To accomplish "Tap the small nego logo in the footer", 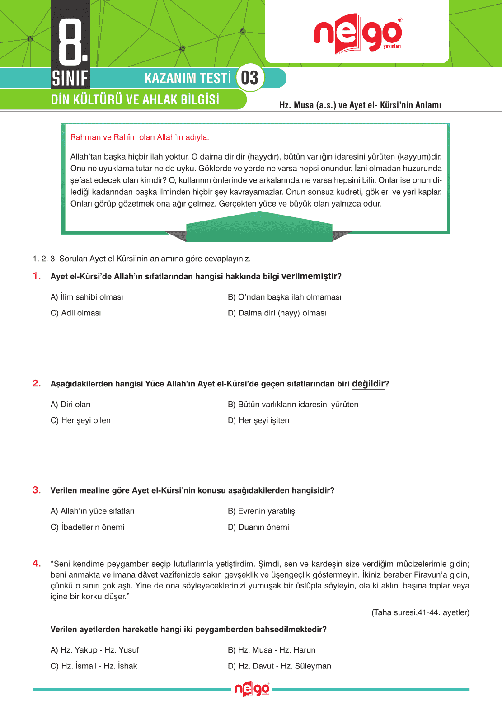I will (252, 689).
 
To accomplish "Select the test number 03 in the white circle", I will (249, 78).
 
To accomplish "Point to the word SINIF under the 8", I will (70, 78).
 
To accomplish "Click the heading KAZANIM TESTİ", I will (188, 78).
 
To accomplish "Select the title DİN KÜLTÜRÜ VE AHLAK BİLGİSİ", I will (135, 99).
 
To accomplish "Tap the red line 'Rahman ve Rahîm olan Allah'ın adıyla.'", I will (140, 137).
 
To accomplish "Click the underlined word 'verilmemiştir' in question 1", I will (309, 276).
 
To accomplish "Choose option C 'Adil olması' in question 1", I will (76, 313).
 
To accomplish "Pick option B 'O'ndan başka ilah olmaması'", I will (284, 297).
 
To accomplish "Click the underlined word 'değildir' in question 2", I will (368, 384).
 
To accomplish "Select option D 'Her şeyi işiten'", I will (258, 420).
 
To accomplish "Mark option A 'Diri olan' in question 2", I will (70, 405).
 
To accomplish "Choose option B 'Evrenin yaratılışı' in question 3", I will (262, 511).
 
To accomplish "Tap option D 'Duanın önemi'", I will (258, 527).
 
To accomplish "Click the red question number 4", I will (37, 563).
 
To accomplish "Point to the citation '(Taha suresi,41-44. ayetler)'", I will (420, 612).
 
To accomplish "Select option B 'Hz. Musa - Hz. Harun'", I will (272, 650).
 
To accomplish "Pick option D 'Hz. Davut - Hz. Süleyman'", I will (279, 666).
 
